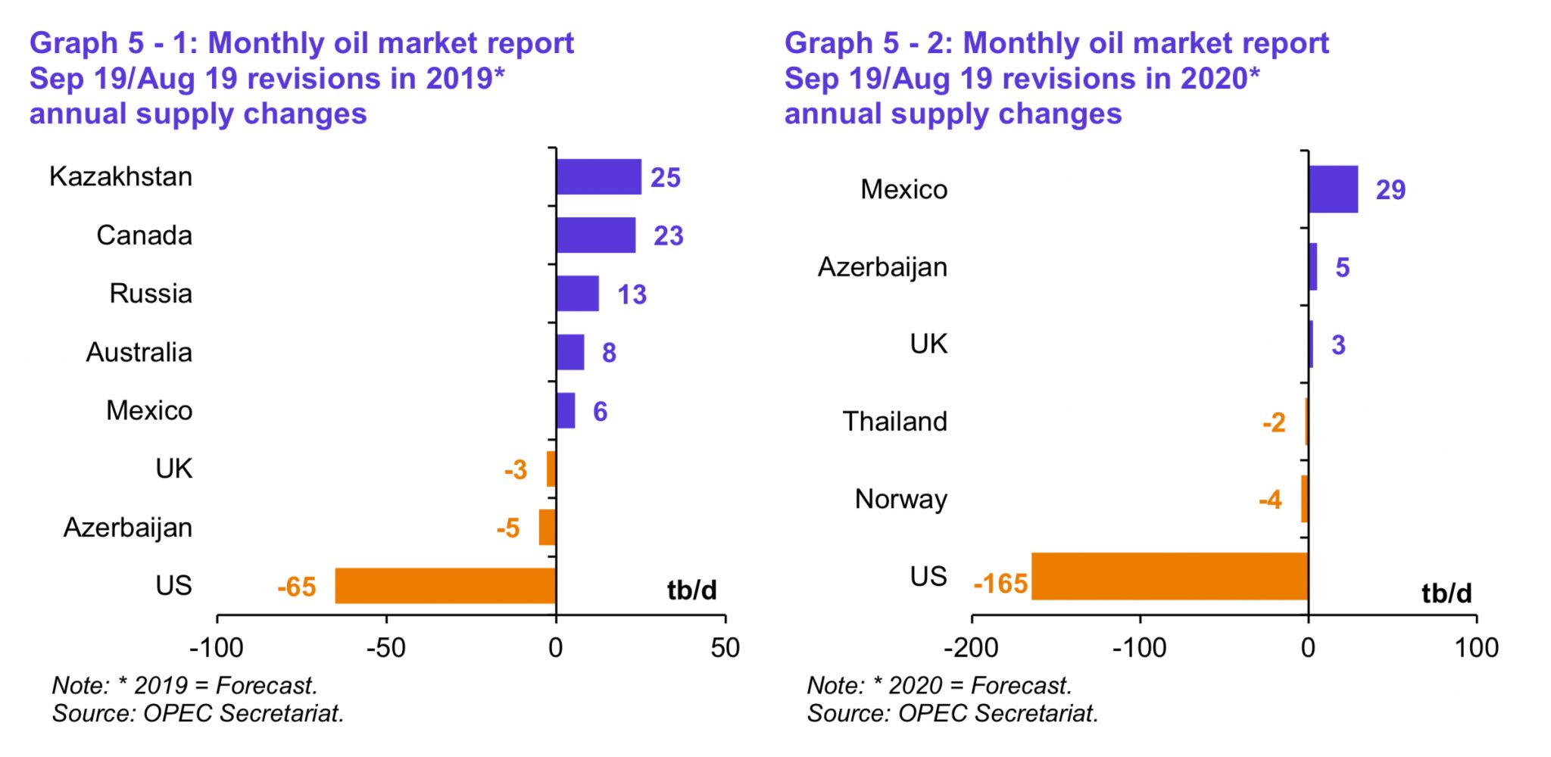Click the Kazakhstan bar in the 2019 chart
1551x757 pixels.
599,177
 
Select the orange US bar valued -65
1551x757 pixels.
446,586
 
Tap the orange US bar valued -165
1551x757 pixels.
1170,576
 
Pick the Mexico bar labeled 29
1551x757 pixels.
1334,189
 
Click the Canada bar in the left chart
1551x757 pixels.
596,235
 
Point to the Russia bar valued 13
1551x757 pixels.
578,294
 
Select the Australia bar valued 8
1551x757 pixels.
570,352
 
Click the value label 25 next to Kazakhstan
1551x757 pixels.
666,178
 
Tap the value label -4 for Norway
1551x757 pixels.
1270,500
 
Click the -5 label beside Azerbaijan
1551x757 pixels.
508,528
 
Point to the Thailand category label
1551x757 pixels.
895,422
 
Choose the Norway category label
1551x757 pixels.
901,500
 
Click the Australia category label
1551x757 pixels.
139,353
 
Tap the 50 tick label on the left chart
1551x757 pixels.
726,649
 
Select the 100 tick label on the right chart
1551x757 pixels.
1477,649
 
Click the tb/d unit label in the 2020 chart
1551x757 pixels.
1447,593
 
